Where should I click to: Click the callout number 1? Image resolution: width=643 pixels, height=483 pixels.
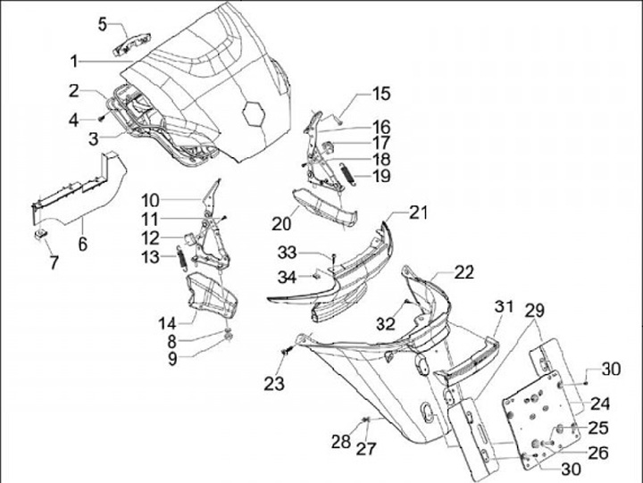pyautogui.click(x=74, y=62)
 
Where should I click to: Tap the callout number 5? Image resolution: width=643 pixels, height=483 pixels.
pyautogui.click(x=102, y=24)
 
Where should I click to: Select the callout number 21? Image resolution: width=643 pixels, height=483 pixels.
pyautogui.click(x=418, y=212)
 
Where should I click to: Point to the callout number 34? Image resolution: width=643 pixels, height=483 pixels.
pyautogui.click(x=287, y=277)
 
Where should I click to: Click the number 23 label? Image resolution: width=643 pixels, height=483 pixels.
pyautogui.click(x=274, y=384)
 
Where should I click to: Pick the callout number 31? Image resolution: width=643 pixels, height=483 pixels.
pyautogui.click(x=504, y=306)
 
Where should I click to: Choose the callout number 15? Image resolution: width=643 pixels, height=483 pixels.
pyautogui.click(x=381, y=94)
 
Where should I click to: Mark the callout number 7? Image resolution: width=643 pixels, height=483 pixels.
pyautogui.click(x=54, y=262)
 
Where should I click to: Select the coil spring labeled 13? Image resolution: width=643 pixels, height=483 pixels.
pyautogui.click(x=181, y=257)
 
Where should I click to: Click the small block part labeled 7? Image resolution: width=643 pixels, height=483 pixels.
pyautogui.click(x=39, y=235)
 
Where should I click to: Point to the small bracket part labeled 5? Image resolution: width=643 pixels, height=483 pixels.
pyautogui.click(x=131, y=45)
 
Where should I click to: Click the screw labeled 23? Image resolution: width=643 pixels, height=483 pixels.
pyautogui.click(x=287, y=351)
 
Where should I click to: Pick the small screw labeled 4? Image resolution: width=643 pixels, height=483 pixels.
pyautogui.click(x=101, y=119)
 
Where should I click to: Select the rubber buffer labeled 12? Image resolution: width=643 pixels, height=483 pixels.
pyautogui.click(x=189, y=238)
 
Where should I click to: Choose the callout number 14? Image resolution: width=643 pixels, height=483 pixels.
pyautogui.click(x=167, y=323)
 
